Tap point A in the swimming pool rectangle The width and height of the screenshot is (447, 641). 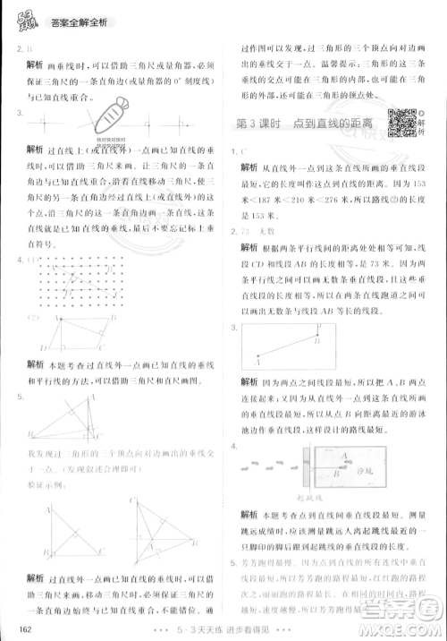[258, 362]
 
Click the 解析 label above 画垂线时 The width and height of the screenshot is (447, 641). [37, 64]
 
